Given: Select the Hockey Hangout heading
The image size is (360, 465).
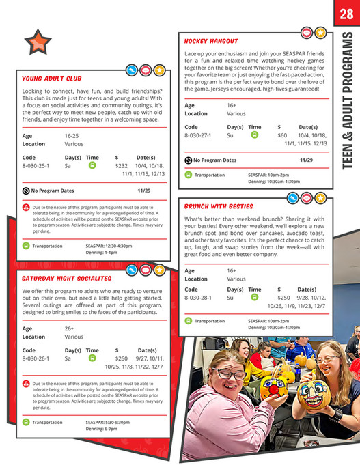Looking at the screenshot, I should pyautogui.click(x=211, y=41).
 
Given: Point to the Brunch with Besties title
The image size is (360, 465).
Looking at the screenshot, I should pyautogui.click(x=219, y=206).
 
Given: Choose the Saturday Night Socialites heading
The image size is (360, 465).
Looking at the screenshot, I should pyautogui.click(x=66, y=279).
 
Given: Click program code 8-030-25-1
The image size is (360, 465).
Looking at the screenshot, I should pyautogui.click(x=36, y=166).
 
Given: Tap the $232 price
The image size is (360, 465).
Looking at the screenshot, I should pyautogui.click(x=122, y=166).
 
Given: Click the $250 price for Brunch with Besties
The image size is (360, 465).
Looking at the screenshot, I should pyautogui.click(x=283, y=298).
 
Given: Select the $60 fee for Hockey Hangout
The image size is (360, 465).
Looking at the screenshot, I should pyautogui.click(x=281, y=135).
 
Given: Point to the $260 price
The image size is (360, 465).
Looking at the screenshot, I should pyautogui.click(x=122, y=358).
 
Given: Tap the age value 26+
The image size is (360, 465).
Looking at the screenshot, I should pyautogui.click(x=70, y=328).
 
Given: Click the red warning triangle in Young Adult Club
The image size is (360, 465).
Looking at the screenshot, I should pyautogui.click(x=25, y=207).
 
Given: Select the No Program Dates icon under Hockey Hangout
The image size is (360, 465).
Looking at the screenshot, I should pyautogui.click(x=189, y=160).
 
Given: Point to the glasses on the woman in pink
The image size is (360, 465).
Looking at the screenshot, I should pyautogui.click(x=230, y=374).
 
